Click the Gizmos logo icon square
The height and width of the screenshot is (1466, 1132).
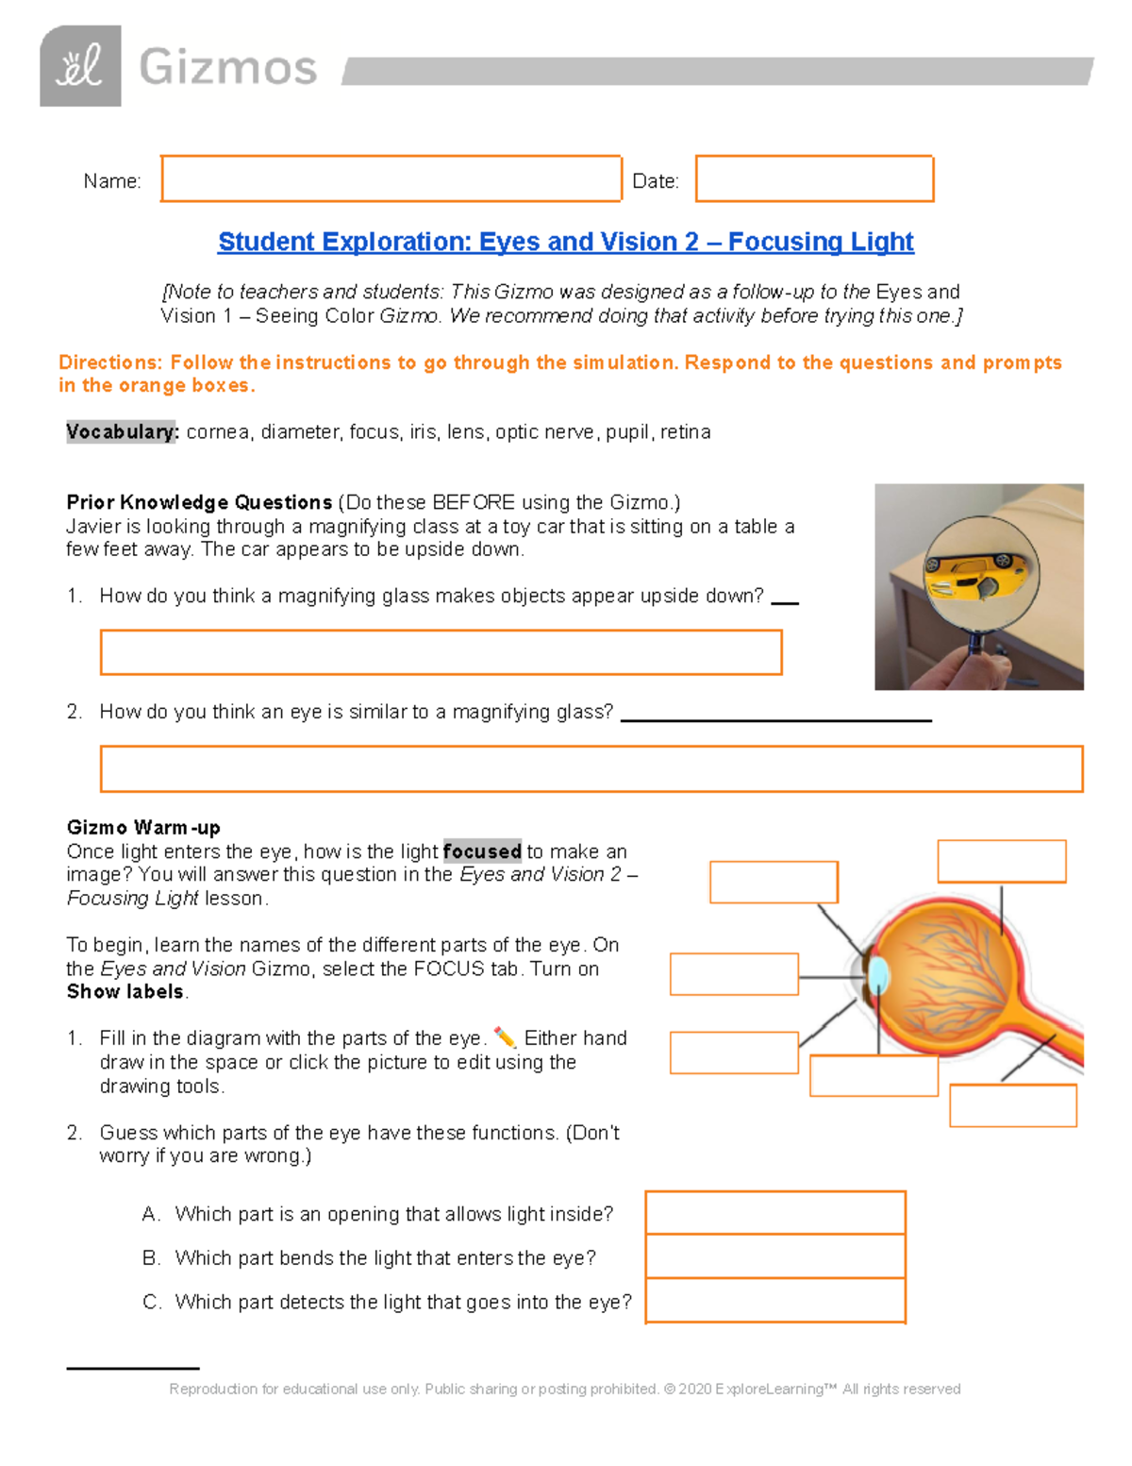click(80, 66)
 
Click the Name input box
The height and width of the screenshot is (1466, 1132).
click(391, 178)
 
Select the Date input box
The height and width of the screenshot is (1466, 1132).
click(814, 178)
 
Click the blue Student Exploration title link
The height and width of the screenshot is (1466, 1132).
click(565, 242)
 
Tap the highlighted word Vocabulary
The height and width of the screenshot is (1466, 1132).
click(122, 431)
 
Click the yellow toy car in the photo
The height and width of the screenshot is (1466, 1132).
click(978, 573)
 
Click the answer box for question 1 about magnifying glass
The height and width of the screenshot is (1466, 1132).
click(441, 652)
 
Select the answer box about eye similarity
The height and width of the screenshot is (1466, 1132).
click(591, 768)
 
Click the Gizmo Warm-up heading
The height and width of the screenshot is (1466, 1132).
click(143, 827)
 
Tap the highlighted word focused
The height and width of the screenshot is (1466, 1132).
click(482, 851)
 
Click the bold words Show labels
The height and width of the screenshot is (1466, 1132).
click(125, 991)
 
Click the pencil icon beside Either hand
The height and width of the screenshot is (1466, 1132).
click(505, 1037)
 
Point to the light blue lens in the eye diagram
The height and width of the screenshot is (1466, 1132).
click(878, 975)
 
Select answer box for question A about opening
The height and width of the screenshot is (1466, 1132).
click(775, 1213)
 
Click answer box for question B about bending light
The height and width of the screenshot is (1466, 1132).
click(775, 1256)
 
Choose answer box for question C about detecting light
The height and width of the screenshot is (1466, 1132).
click(775, 1301)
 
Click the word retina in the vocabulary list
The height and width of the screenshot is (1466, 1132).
click(685, 431)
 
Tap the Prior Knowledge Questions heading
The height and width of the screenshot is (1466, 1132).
click(199, 502)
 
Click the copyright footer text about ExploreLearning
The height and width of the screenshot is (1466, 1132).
click(564, 1389)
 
